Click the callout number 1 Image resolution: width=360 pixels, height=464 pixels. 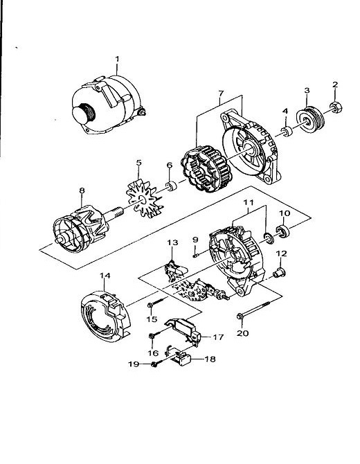[117, 59]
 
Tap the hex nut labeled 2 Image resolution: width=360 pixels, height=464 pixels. [336, 107]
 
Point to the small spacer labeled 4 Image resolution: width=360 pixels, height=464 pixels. [287, 132]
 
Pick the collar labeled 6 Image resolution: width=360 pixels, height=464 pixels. [171, 186]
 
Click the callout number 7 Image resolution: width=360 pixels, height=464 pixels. [221, 93]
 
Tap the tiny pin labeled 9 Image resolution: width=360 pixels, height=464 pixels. [195, 255]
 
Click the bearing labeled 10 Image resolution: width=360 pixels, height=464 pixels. [283, 231]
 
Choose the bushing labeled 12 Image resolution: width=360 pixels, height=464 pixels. [279, 272]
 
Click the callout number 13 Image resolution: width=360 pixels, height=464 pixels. [172, 242]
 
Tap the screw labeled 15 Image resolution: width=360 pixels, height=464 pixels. [156, 303]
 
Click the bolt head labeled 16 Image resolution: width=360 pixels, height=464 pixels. [152, 336]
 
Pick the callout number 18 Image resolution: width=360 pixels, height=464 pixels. [210, 359]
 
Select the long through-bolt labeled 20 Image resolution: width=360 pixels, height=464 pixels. [254, 310]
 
